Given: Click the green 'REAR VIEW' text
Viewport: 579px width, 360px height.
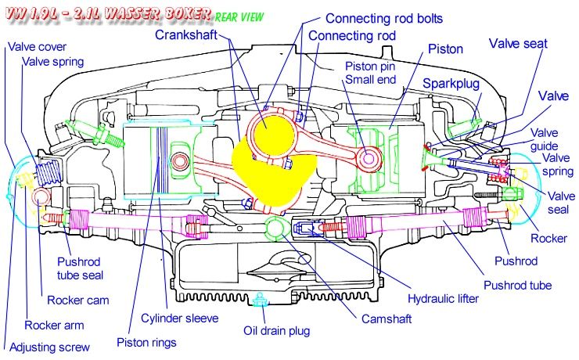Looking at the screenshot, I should click(x=239, y=15).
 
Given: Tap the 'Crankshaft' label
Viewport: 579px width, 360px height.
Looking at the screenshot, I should click(x=189, y=35).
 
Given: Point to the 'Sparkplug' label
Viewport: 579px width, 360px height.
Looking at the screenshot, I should click(x=450, y=82).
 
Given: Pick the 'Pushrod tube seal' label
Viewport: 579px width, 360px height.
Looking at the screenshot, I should click(x=80, y=268).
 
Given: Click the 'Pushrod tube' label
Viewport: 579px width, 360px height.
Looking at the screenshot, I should click(x=517, y=285).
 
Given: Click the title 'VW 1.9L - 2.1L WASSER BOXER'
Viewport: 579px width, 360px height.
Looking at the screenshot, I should click(x=106, y=14).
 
